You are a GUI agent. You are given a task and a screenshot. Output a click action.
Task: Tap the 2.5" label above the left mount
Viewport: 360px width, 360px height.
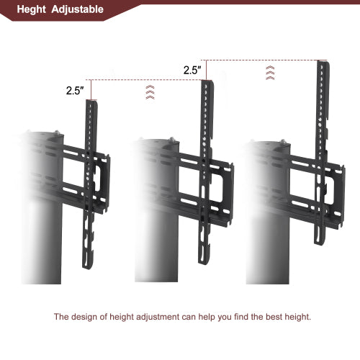pyautogui.click(x=76, y=91)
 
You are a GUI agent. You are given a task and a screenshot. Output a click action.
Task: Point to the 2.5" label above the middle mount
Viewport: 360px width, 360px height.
pyautogui.click(x=192, y=70)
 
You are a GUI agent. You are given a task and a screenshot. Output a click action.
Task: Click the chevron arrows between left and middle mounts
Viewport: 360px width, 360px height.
pyautogui.click(x=150, y=91)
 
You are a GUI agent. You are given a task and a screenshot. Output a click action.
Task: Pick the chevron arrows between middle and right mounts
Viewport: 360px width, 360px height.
pyautogui.click(x=270, y=72)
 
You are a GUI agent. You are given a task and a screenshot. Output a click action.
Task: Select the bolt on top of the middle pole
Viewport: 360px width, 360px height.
pyautogui.click(x=172, y=140)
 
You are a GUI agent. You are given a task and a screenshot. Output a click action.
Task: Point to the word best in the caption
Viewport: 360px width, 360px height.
pyautogui.click(x=271, y=316)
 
